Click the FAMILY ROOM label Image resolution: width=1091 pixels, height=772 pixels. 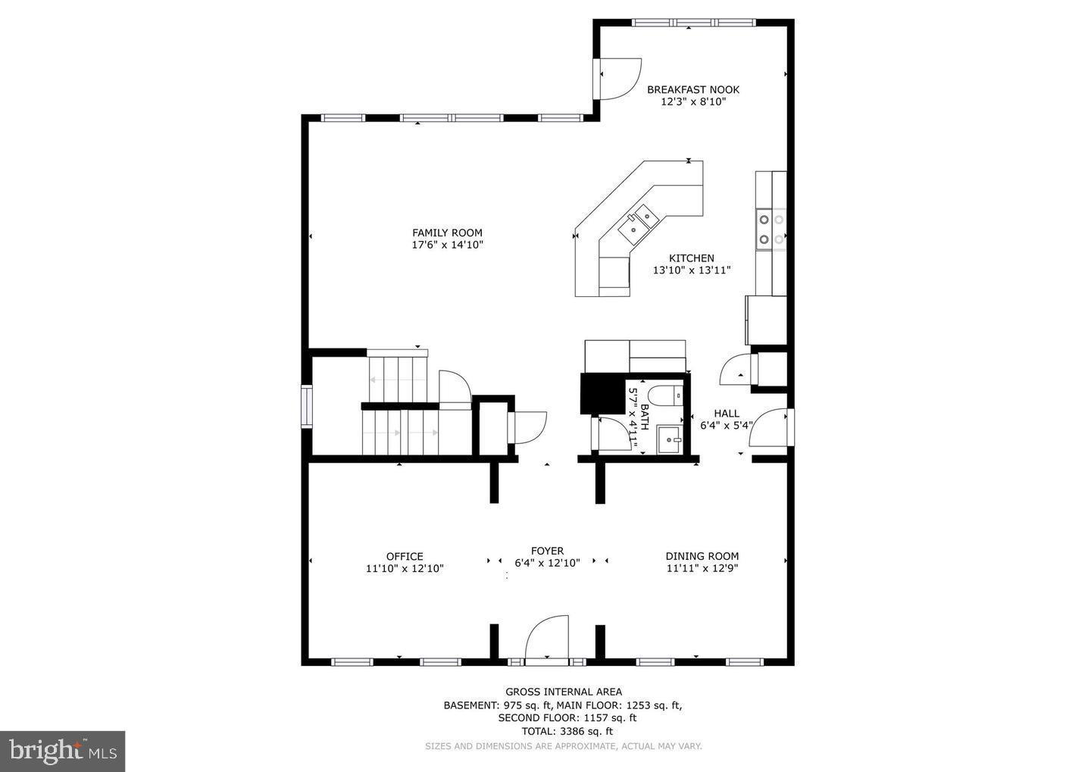coord(447,233)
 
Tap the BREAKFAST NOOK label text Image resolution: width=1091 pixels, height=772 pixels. coord(692,89)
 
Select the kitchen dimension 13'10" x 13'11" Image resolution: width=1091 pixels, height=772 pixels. coord(691,270)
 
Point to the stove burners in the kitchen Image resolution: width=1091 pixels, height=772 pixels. coord(771,230)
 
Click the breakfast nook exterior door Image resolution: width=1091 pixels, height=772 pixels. coord(618,78)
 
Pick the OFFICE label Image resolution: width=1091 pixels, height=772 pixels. coord(405,556)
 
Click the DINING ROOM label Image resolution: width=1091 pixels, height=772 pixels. coord(702,556)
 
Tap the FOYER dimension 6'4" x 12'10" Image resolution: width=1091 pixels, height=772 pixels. coord(547,563)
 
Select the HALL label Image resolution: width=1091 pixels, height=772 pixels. coord(726,413)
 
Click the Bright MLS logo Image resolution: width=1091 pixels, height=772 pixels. coord(62,751)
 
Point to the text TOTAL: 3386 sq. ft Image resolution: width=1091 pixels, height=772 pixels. coord(567,731)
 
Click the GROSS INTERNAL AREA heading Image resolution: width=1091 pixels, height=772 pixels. coord(564,691)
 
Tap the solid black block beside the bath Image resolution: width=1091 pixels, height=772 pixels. coord(602,393)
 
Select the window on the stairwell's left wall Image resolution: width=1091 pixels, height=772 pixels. coord(306,407)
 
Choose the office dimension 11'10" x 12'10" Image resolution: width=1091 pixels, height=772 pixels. coord(405,568)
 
